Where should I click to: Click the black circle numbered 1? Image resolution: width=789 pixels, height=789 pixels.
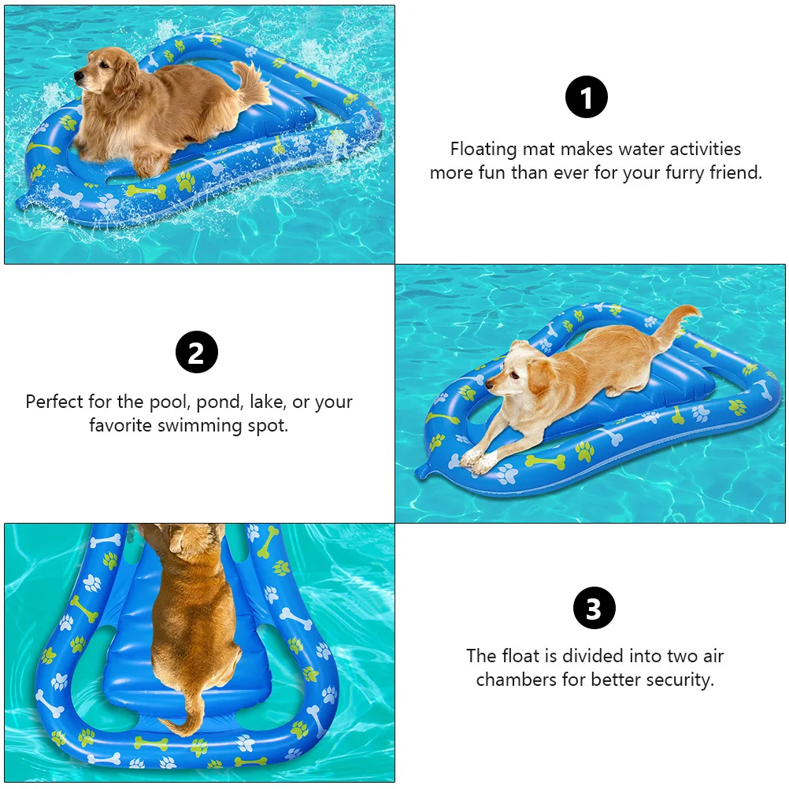(587, 98)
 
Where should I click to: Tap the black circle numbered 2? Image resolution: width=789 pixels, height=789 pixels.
(196, 352)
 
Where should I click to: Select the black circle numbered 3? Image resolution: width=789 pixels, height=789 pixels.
(594, 608)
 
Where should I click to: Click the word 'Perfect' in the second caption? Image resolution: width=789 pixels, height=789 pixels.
(54, 402)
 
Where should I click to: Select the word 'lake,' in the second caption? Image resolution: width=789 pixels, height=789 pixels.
(268, 402)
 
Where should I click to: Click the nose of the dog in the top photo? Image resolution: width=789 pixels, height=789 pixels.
(77, 77)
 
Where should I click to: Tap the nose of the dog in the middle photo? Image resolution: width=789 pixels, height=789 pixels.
(489, 384)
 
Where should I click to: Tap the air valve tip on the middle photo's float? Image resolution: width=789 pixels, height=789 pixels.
(420, 472)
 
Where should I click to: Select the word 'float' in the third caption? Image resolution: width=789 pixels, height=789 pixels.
(521, 656)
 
